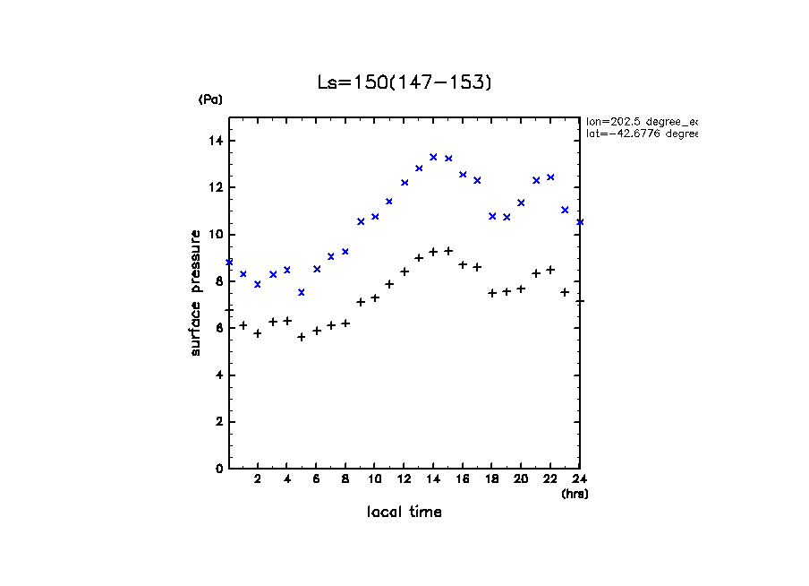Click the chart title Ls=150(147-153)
404,82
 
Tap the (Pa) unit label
210,100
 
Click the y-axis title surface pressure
196,292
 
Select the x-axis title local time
404,513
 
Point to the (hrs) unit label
574,494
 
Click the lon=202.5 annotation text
641,121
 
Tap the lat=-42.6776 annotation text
641,134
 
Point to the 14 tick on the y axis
216,141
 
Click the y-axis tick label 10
216,235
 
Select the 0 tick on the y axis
219,469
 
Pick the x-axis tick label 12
404,479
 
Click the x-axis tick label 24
579,479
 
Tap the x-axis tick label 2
258,479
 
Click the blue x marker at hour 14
433,157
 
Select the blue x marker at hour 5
302,292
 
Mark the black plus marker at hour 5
302,337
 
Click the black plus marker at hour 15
448,251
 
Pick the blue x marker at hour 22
550,177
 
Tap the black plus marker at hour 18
492,293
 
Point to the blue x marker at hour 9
361,221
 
